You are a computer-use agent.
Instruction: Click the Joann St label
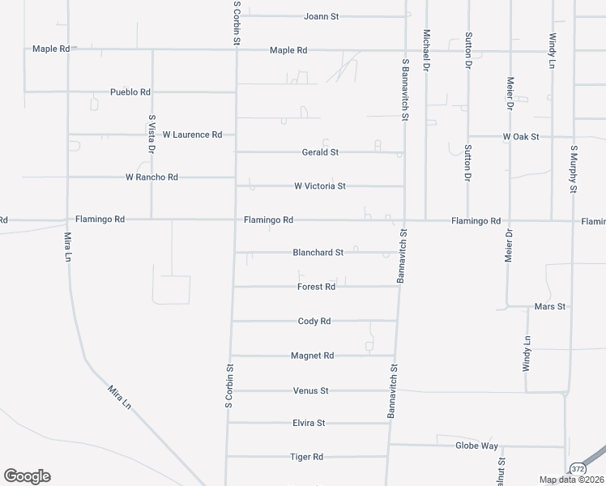click(320, 15)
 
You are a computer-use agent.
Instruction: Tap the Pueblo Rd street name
click(131, 92)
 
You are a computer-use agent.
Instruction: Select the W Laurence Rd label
click(192, 134)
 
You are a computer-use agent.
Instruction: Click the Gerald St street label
click(319, 152)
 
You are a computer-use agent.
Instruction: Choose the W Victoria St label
click(320, 186)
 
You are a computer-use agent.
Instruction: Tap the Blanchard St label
click(318, 253)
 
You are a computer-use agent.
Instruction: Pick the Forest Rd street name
click(316, 287)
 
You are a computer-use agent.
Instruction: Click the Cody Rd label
click(314, 322)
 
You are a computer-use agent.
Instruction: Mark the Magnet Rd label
click(313, 356)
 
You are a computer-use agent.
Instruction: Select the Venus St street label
click(310, 390)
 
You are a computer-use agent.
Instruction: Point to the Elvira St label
click(309, 423)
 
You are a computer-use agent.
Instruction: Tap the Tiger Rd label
click(307, 457)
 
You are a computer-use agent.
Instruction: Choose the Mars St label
click(550, 307)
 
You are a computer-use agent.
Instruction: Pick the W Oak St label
click(521, 137)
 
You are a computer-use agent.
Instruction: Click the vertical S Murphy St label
click(574, 169)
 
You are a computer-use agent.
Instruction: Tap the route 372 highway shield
click(577, 468)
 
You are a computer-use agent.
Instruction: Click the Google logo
click(27, 476)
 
